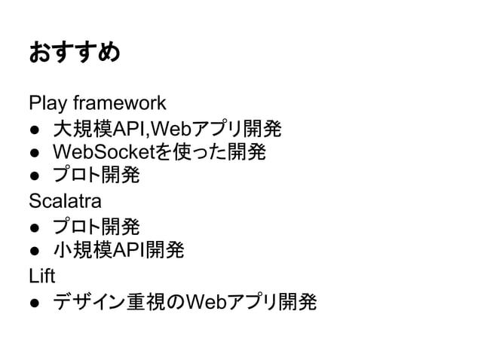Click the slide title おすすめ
[x=74, y=53]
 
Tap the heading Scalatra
[x=65, y=202]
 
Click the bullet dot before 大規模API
[x=34, y=129]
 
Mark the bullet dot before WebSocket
[x=34, y=154]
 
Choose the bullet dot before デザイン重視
[x=34, y=303]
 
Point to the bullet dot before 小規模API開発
[x=34, y=251]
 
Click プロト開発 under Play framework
[x=95, y=177]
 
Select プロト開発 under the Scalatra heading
[x=95, y=226]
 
